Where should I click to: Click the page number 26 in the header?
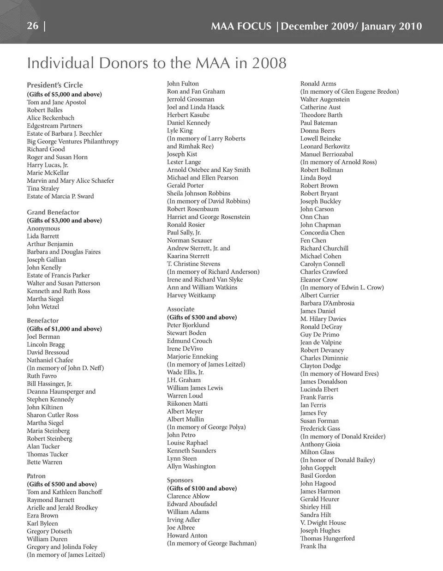click(33, 26)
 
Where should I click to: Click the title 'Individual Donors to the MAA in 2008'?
click(156, 63)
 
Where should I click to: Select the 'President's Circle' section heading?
click(55, 85)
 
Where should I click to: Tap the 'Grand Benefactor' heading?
click(53, 212)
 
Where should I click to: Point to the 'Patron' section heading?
click(36, 476)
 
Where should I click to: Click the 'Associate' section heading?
click(181, 309)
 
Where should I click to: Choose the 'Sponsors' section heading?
click(180, 480)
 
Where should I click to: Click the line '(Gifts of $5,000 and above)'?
click(64, 94)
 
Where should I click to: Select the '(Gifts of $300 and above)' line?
click(202, 317)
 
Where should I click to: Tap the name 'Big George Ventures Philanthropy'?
click(72, 141)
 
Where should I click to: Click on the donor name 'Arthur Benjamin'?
click(50, 244)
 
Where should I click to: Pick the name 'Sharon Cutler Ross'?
click(53, 415)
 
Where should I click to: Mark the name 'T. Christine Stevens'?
click(193, 264)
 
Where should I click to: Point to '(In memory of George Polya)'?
click(206, 427)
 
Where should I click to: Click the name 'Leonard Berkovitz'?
click(325, 146)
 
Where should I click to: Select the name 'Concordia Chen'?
click(323, 233)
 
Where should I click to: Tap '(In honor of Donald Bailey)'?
click(337, 460)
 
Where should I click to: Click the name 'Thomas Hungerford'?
click(328, 538)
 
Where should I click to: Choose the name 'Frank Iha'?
click(313, 546)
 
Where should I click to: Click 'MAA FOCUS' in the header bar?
click(241, 26)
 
